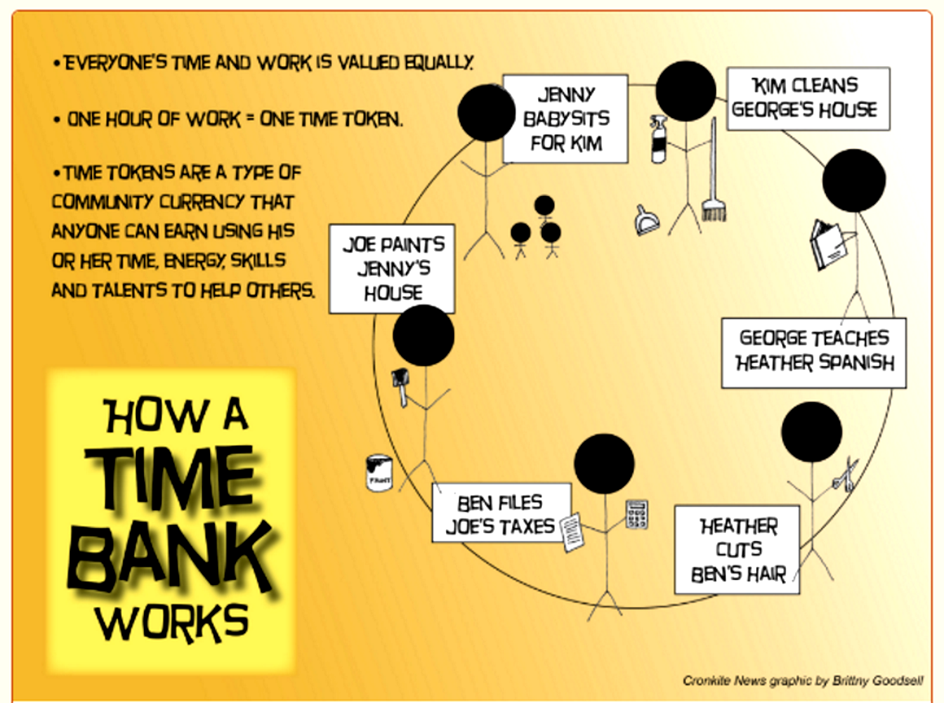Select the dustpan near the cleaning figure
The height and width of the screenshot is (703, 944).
point(646,220)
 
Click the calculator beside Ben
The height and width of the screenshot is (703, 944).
point(636,514)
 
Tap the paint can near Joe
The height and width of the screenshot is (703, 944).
point(379,473)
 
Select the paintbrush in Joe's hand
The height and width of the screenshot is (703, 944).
point(400,387)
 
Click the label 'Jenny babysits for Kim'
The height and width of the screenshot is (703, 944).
point(566,120)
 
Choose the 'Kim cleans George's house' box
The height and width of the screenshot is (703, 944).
point(808,99)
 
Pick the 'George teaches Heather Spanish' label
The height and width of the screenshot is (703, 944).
point(813,353)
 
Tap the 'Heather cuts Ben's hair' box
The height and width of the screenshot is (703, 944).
point(737,549)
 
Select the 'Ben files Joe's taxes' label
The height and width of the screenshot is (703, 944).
point(502,512)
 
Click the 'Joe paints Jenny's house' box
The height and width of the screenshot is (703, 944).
point(392,269)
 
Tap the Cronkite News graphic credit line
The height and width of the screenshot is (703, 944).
point(802,680)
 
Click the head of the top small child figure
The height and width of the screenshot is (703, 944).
point(544,205)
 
